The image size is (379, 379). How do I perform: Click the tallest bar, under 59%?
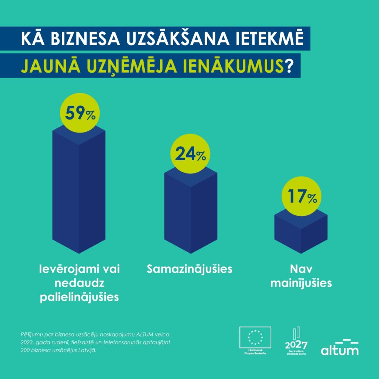pos(78,192)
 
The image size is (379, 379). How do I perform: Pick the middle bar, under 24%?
pos(190,215)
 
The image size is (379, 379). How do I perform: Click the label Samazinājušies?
pos(189,269)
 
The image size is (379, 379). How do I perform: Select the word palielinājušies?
pos(79,297)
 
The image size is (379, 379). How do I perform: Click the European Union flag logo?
pos(255,338)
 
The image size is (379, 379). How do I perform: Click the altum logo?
pos(339,347)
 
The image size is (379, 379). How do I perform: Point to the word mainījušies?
pos(301,284)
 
